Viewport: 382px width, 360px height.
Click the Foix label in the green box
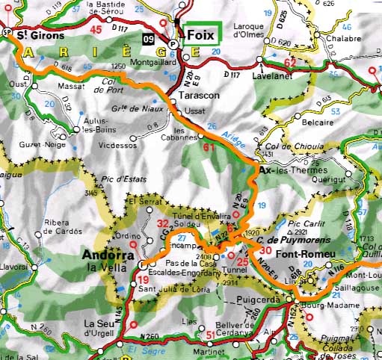point(200,34)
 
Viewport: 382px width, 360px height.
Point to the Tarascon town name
point(199,96)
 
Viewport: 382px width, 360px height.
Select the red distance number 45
point(96,30)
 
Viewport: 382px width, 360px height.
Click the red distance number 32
point(164,223)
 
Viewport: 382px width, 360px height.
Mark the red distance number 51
point(211,334)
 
